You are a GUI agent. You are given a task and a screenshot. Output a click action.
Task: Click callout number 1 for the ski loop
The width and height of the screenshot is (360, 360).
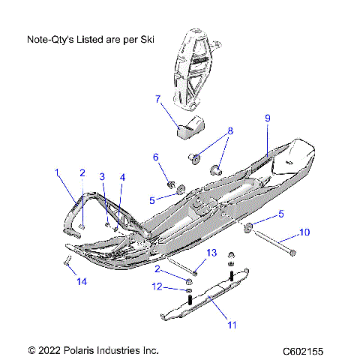tap(56, 172)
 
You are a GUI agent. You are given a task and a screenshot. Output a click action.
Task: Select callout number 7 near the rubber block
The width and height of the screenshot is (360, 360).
tap(157, 98)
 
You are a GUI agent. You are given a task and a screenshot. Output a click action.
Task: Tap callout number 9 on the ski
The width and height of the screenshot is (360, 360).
tap(266, 118)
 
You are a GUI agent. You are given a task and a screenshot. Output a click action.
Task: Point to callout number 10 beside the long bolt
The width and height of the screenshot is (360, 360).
tap(304, 232)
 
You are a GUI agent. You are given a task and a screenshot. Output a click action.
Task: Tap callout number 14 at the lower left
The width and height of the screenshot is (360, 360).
tap(82, 282)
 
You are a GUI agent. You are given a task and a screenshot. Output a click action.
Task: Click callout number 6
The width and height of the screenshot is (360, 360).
tap(156, 157)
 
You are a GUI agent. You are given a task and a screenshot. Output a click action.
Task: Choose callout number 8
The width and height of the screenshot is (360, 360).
tap(230, 130)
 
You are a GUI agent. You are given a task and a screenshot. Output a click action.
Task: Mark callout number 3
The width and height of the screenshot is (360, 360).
tap(103, 176)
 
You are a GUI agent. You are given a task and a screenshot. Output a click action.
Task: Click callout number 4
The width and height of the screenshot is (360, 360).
tap(123, 177)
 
